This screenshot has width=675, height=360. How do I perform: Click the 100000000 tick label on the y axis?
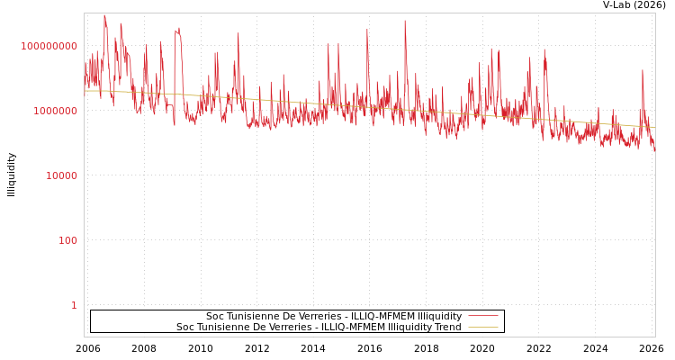tap(49, 46)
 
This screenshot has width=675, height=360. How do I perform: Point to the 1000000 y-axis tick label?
tap(55, 111)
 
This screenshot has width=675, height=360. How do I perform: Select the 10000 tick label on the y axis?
tap(61, 175)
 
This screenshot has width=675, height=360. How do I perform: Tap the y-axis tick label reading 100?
tap(67, 240)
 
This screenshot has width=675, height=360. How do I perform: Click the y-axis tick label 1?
tap(74, 305)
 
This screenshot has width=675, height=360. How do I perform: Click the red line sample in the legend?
tap(482, 317)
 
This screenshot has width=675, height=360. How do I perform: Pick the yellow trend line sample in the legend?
tap(482, 328)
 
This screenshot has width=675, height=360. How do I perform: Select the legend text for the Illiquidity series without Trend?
tap(334, 317)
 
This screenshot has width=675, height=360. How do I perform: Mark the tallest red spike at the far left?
tap(104, 16)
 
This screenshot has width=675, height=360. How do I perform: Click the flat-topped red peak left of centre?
tap(177, 31)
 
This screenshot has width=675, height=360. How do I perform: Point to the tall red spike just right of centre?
tap(405, 22)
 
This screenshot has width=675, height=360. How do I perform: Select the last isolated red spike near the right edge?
tap(643, 71)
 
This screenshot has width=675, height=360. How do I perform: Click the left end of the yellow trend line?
tap(85, 91)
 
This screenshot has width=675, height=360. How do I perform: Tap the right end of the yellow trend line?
tap(654, 127)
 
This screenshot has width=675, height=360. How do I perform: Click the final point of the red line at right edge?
tap(654, 151)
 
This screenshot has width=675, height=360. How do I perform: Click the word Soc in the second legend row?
tap(184, 328)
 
